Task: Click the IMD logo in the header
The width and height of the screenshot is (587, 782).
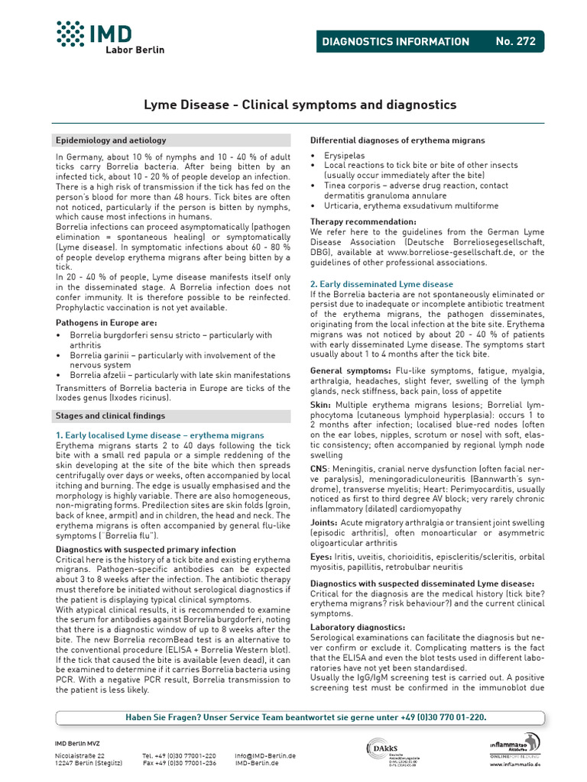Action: (x=110, y=36)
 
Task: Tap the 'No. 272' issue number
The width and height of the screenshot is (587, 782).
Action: (x=516, y=41)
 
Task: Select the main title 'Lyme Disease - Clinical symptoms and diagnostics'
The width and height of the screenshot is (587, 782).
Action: (x=300, y=105)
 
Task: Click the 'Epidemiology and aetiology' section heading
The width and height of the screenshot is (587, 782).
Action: (x=111, y=141)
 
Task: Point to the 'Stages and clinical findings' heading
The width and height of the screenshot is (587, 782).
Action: (x=110, y=415)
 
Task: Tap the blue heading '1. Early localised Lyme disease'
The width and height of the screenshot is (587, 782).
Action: (x=160, y=435)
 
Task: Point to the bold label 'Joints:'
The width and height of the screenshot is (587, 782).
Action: (x=326, y=523)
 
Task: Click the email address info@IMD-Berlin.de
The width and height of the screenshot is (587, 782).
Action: (x=265, y=755)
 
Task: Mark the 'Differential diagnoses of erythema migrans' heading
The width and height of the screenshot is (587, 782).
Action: (x=397, y=141)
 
